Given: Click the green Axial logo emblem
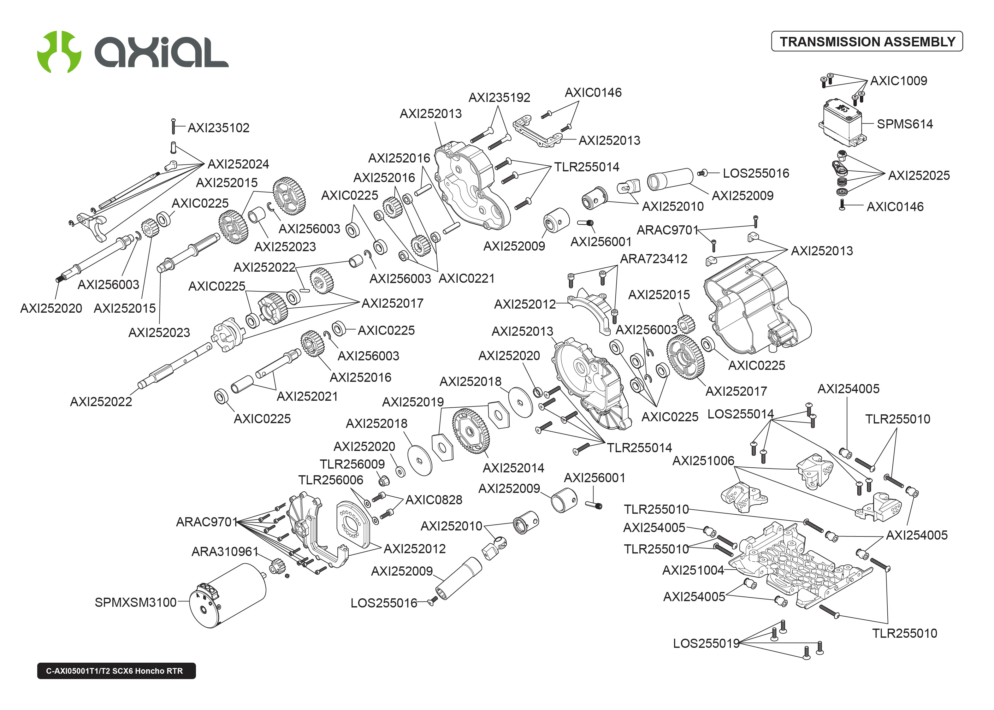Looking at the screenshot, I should click(59, 51).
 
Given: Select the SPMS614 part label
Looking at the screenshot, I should click(904, 124).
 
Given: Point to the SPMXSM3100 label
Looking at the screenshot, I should click(135, 602).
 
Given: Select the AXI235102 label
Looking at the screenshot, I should click(219, 128).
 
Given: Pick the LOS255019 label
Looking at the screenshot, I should click(706, 643).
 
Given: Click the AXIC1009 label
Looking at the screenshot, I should click(898, 81).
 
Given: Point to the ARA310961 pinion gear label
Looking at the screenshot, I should click(225, 552).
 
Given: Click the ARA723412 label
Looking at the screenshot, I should click(654, 259).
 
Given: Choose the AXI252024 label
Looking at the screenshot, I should click(238, 164).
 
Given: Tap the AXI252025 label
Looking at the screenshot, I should click(919, 176).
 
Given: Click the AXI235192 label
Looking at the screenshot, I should click(499, 98).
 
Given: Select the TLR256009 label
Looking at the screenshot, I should click(352, 464).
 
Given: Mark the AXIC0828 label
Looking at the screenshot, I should click(434, 500).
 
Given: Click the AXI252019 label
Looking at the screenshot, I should click(413, 402).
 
